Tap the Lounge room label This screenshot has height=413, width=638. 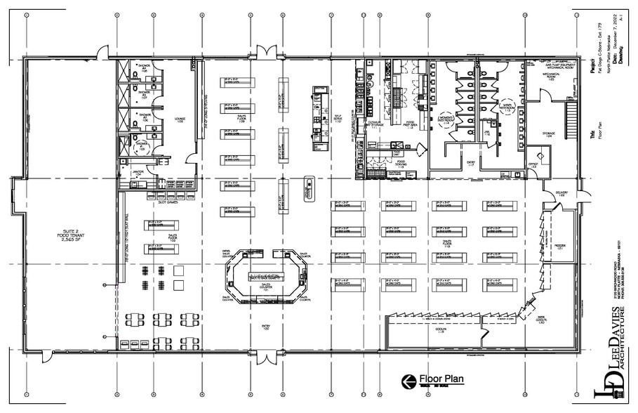tap(180, 120)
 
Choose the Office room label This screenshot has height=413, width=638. tap(533, 164)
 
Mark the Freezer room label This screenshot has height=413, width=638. tap(561, 247)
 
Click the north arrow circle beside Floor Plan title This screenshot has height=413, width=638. tap(406, 381)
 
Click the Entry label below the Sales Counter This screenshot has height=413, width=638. tap(265, 327)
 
